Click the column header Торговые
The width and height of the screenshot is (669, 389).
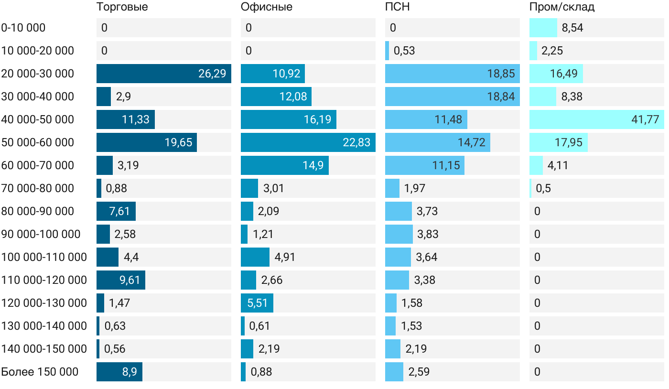pyautogui.click(x=122, y=7)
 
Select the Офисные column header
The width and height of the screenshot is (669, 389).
pyautogui.click(x=267, y=7)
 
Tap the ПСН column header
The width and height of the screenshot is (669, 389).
pyautogui.click(x=398, y=7)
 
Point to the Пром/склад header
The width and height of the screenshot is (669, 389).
pyautogui.click(x=562, y=7)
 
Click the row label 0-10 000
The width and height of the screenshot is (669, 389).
pyautogui.click(x=23, y=28)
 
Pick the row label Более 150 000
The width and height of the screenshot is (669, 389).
pyautogui.click(x=40, y=372)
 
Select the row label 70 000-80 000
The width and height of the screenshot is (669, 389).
pyautogui.click(x=38, y=188)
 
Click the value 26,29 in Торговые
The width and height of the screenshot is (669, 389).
pyautogui.click(x=212, y=74)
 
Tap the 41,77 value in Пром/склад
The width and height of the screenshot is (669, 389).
pyautogui.click(x=645, y=119)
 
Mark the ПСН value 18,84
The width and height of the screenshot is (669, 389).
pyautogui.click(x=501, y=97)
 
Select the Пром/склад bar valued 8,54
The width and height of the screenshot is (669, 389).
pyautogui.click(x=543, y=28)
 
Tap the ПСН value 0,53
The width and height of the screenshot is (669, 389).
pyautogui.click(x=404, y=51)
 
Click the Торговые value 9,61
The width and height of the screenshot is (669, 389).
pyautogui.click(x=130, y=280)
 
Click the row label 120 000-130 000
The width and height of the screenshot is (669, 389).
pyautogui.click(x=44, y=303)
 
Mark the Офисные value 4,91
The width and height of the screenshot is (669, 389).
pyautogui.click(x=285, y=257)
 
